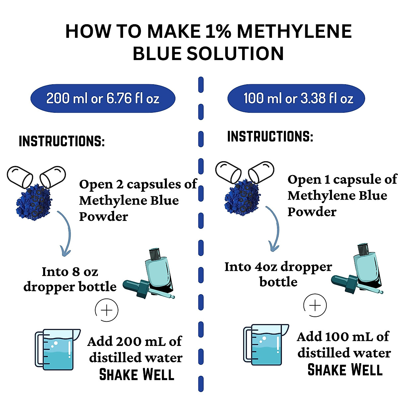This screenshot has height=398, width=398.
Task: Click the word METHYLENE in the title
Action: [x=294, y=32]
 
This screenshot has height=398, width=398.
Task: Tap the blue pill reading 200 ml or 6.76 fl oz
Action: [x=103, y=98]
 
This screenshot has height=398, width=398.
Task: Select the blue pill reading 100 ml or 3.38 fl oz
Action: [x=296, y=98]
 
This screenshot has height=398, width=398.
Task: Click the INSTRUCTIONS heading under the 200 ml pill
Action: [x=62, y=141]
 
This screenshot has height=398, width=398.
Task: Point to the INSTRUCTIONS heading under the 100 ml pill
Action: [x=270, y=137]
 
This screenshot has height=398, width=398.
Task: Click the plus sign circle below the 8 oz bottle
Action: [x=106, y=310]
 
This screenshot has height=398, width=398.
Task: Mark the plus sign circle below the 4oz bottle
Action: [x=315, y=305]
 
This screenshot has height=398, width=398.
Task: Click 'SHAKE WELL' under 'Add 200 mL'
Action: [x=137, y=375]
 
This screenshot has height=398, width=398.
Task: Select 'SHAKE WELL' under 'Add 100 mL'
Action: [x=345, y=370]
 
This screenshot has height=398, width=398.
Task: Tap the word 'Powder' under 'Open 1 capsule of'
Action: [x=312, y=212]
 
